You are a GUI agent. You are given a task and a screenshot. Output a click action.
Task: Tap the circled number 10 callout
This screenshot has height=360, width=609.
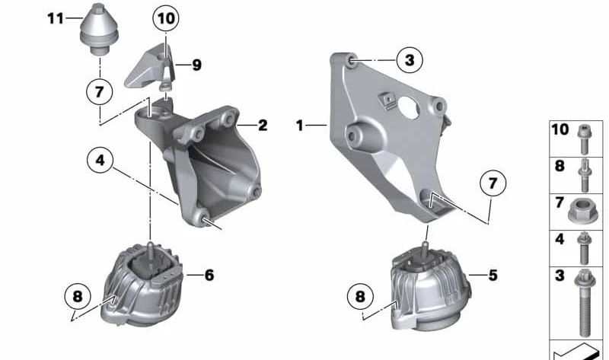pos(167,17)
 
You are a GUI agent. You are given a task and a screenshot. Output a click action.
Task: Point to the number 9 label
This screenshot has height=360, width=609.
pos(196,65)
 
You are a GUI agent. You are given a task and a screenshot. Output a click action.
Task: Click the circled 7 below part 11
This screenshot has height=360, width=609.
pos(99,91)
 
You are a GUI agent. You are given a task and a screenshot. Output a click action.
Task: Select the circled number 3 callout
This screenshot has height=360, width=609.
pos(409,59)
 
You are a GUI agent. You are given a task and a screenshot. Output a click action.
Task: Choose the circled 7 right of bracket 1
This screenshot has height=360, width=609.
pos(493,184)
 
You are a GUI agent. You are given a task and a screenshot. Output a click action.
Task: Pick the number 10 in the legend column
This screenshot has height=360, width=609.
pos(560,130)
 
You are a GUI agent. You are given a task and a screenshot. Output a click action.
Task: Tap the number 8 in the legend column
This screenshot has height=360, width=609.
pos(559,164)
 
